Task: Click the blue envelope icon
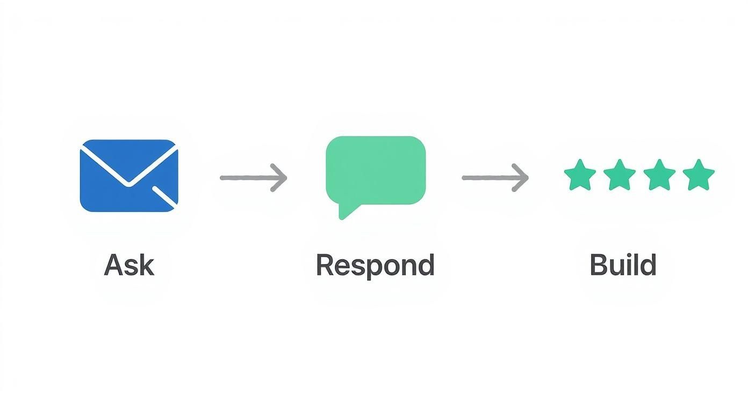click(128, 175)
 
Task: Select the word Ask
click(129, 265)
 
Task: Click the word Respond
click(375, 265)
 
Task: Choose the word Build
click(623, 265)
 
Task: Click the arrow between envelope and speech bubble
click(253, 177)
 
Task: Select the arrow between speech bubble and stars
click(495, 177)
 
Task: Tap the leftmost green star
click(579, 175)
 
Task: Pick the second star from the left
click(619, 175)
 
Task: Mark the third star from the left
click(659, 175)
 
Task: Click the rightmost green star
click(699, 175)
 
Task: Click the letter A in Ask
click(114, 265)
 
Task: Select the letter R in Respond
click(325, 265)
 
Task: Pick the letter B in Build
click(599, 265)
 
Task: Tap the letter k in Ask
click(146, 265)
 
